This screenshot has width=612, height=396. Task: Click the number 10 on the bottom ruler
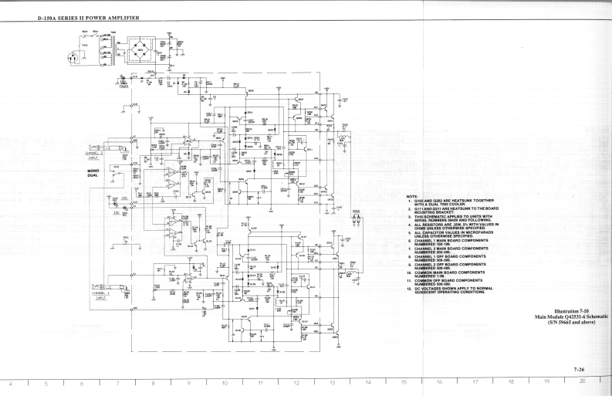(x=225, y=384)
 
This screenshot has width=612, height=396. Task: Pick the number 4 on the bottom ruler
(x=11, y=384)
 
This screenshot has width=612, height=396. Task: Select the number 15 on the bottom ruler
(x=403, y=384)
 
